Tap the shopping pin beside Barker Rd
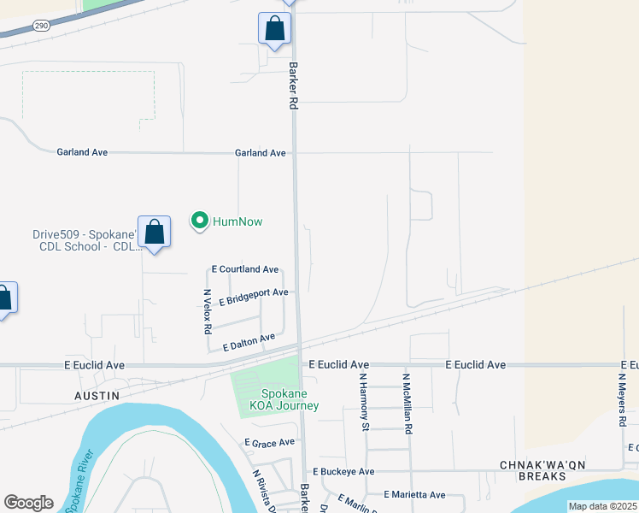pyautogui.click(x=274, y=29)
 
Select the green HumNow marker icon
pyautogui.click(x=200, y=221)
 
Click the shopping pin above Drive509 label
pyautogui.click(x=154, y=232)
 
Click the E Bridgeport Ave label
pyautogui.click(x=253, y=297)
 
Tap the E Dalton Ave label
pyautogui.click(x=249, y=343)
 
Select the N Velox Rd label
pyautogui.click(x=207, y=311)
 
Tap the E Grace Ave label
pyautogui.click(x=269, y=443)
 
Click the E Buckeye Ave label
pyautogui.click(x=343, y=472)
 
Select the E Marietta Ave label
pyautogui.click(x=414, y=495)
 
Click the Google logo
pyautogui.click(x=29, y=503)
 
